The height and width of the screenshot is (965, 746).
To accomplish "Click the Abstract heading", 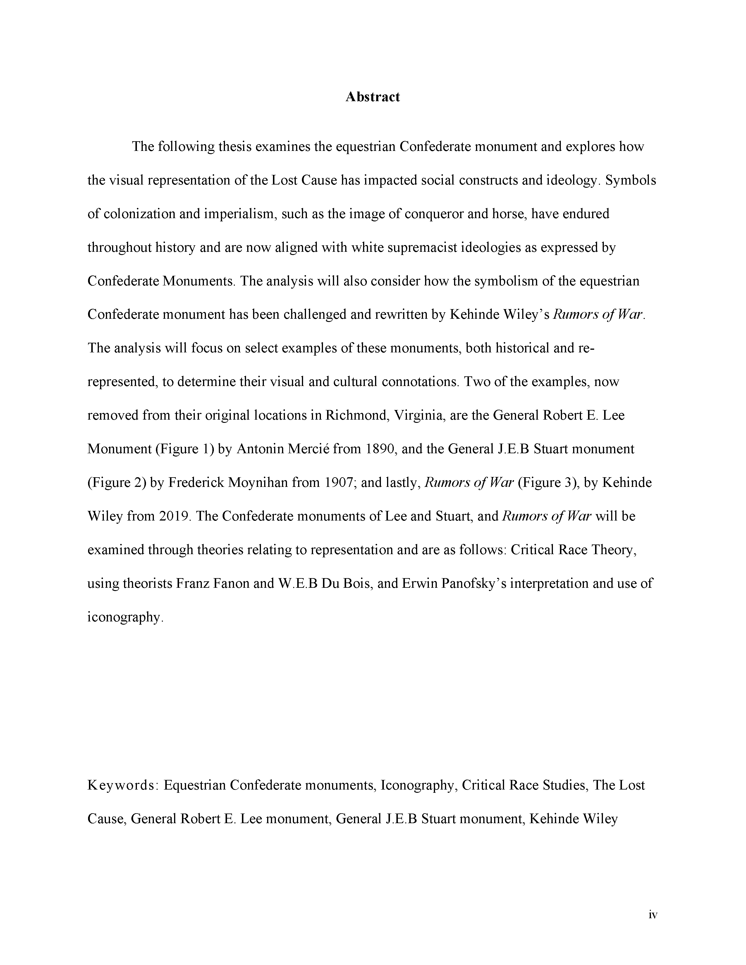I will pyautogui.click(x=372, y=97).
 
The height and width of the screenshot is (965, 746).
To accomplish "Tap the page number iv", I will pyautogui.click(x=653, y=915).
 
